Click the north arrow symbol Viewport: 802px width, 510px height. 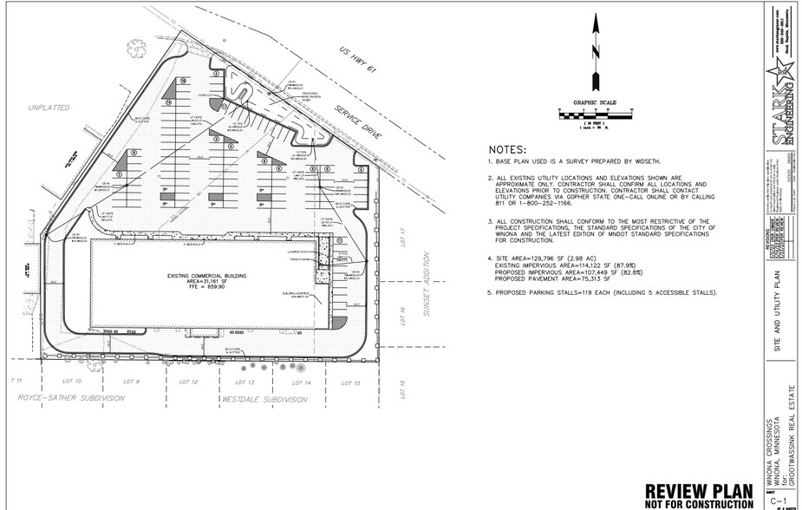[x=594, y=52]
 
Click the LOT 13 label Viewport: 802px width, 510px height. [x=245, y=382]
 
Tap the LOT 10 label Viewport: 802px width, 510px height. [x=73, y=382]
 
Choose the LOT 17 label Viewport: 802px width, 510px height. [x=403, y=237]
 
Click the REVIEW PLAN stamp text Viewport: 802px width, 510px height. [x=698, y=490]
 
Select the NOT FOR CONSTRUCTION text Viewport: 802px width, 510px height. [x=698, y=504]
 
